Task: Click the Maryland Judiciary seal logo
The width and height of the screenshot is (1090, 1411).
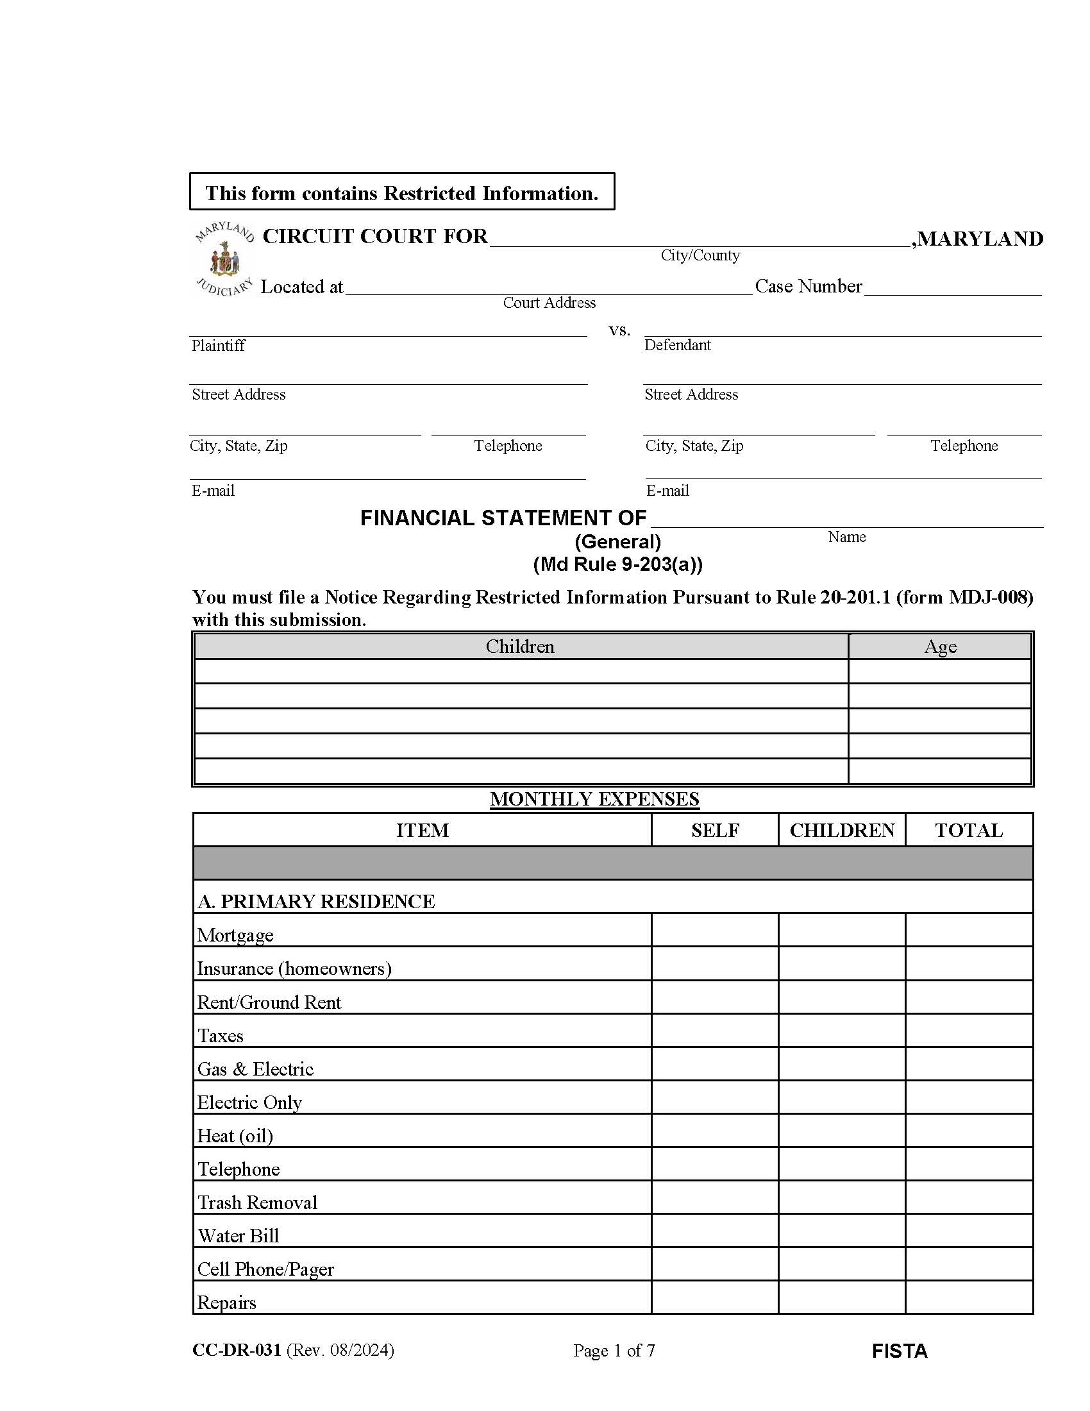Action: pyautogui.click(x=224, y=259)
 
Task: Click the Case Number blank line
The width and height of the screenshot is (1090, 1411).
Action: pyautogui.click(x=952, y=288)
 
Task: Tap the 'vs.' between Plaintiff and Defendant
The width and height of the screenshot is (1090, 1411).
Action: pyautogui.click(x=619, y=330)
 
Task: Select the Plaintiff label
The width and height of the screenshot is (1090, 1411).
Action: pyautogui.click(x=218, y=346)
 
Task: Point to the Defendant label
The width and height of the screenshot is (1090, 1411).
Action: pyautogui.click(x=677, y=345)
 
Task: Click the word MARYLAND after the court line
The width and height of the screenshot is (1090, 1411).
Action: pyautogui.click(x=980, y=239)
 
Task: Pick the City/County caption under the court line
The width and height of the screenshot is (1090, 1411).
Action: pyautogui.click(x=700, y=255)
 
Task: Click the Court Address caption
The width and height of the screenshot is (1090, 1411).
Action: pyautogui.click(x=549, y=303)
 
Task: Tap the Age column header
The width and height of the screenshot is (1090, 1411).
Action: pyautogui.click(x=940, y=646)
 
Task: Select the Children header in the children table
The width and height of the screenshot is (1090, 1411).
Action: pyautogui.click(x=520, y=646)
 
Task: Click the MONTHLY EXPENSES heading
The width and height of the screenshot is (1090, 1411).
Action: pyautogui.click(x=594, y=799)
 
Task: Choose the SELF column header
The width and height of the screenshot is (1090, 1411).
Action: pyautogui.click(x=715, y=831)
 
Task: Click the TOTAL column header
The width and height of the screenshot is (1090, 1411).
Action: pyautogui.click(x=969, y=831)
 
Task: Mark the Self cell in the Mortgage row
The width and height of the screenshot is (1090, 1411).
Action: pyautogui.click(x=715, y=931)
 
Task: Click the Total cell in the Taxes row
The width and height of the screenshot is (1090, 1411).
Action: pyautogui.click(x=969, y=1031)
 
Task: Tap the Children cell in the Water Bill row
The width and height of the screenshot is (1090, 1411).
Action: pyautogui.click(x=841, y=1231)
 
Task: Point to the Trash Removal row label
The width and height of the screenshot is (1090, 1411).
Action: pyautogui.click(x=258, y=1203)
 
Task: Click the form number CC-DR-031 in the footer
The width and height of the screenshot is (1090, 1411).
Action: pyautogui.click(x=237, y=1350)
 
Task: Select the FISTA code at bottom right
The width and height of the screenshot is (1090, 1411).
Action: pyautogui.click(x=899, y=1351)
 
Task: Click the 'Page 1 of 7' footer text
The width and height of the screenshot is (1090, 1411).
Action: pyautogui.click(x=614, y=1351)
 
